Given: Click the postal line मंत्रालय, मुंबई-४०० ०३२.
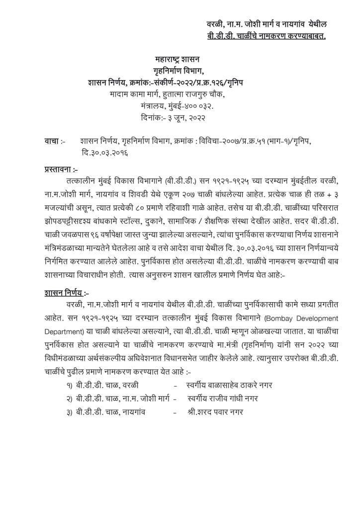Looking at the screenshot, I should pyautogui.click(x=175, y=106).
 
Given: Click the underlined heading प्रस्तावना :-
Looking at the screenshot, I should pyautogui.click(x=62, y=170).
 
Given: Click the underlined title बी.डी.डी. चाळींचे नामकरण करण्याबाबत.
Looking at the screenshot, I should pyautogui.click(x=267, y=36).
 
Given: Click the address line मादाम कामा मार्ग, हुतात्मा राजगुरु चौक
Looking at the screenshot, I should pyautogui.click(x=175, y=94).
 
